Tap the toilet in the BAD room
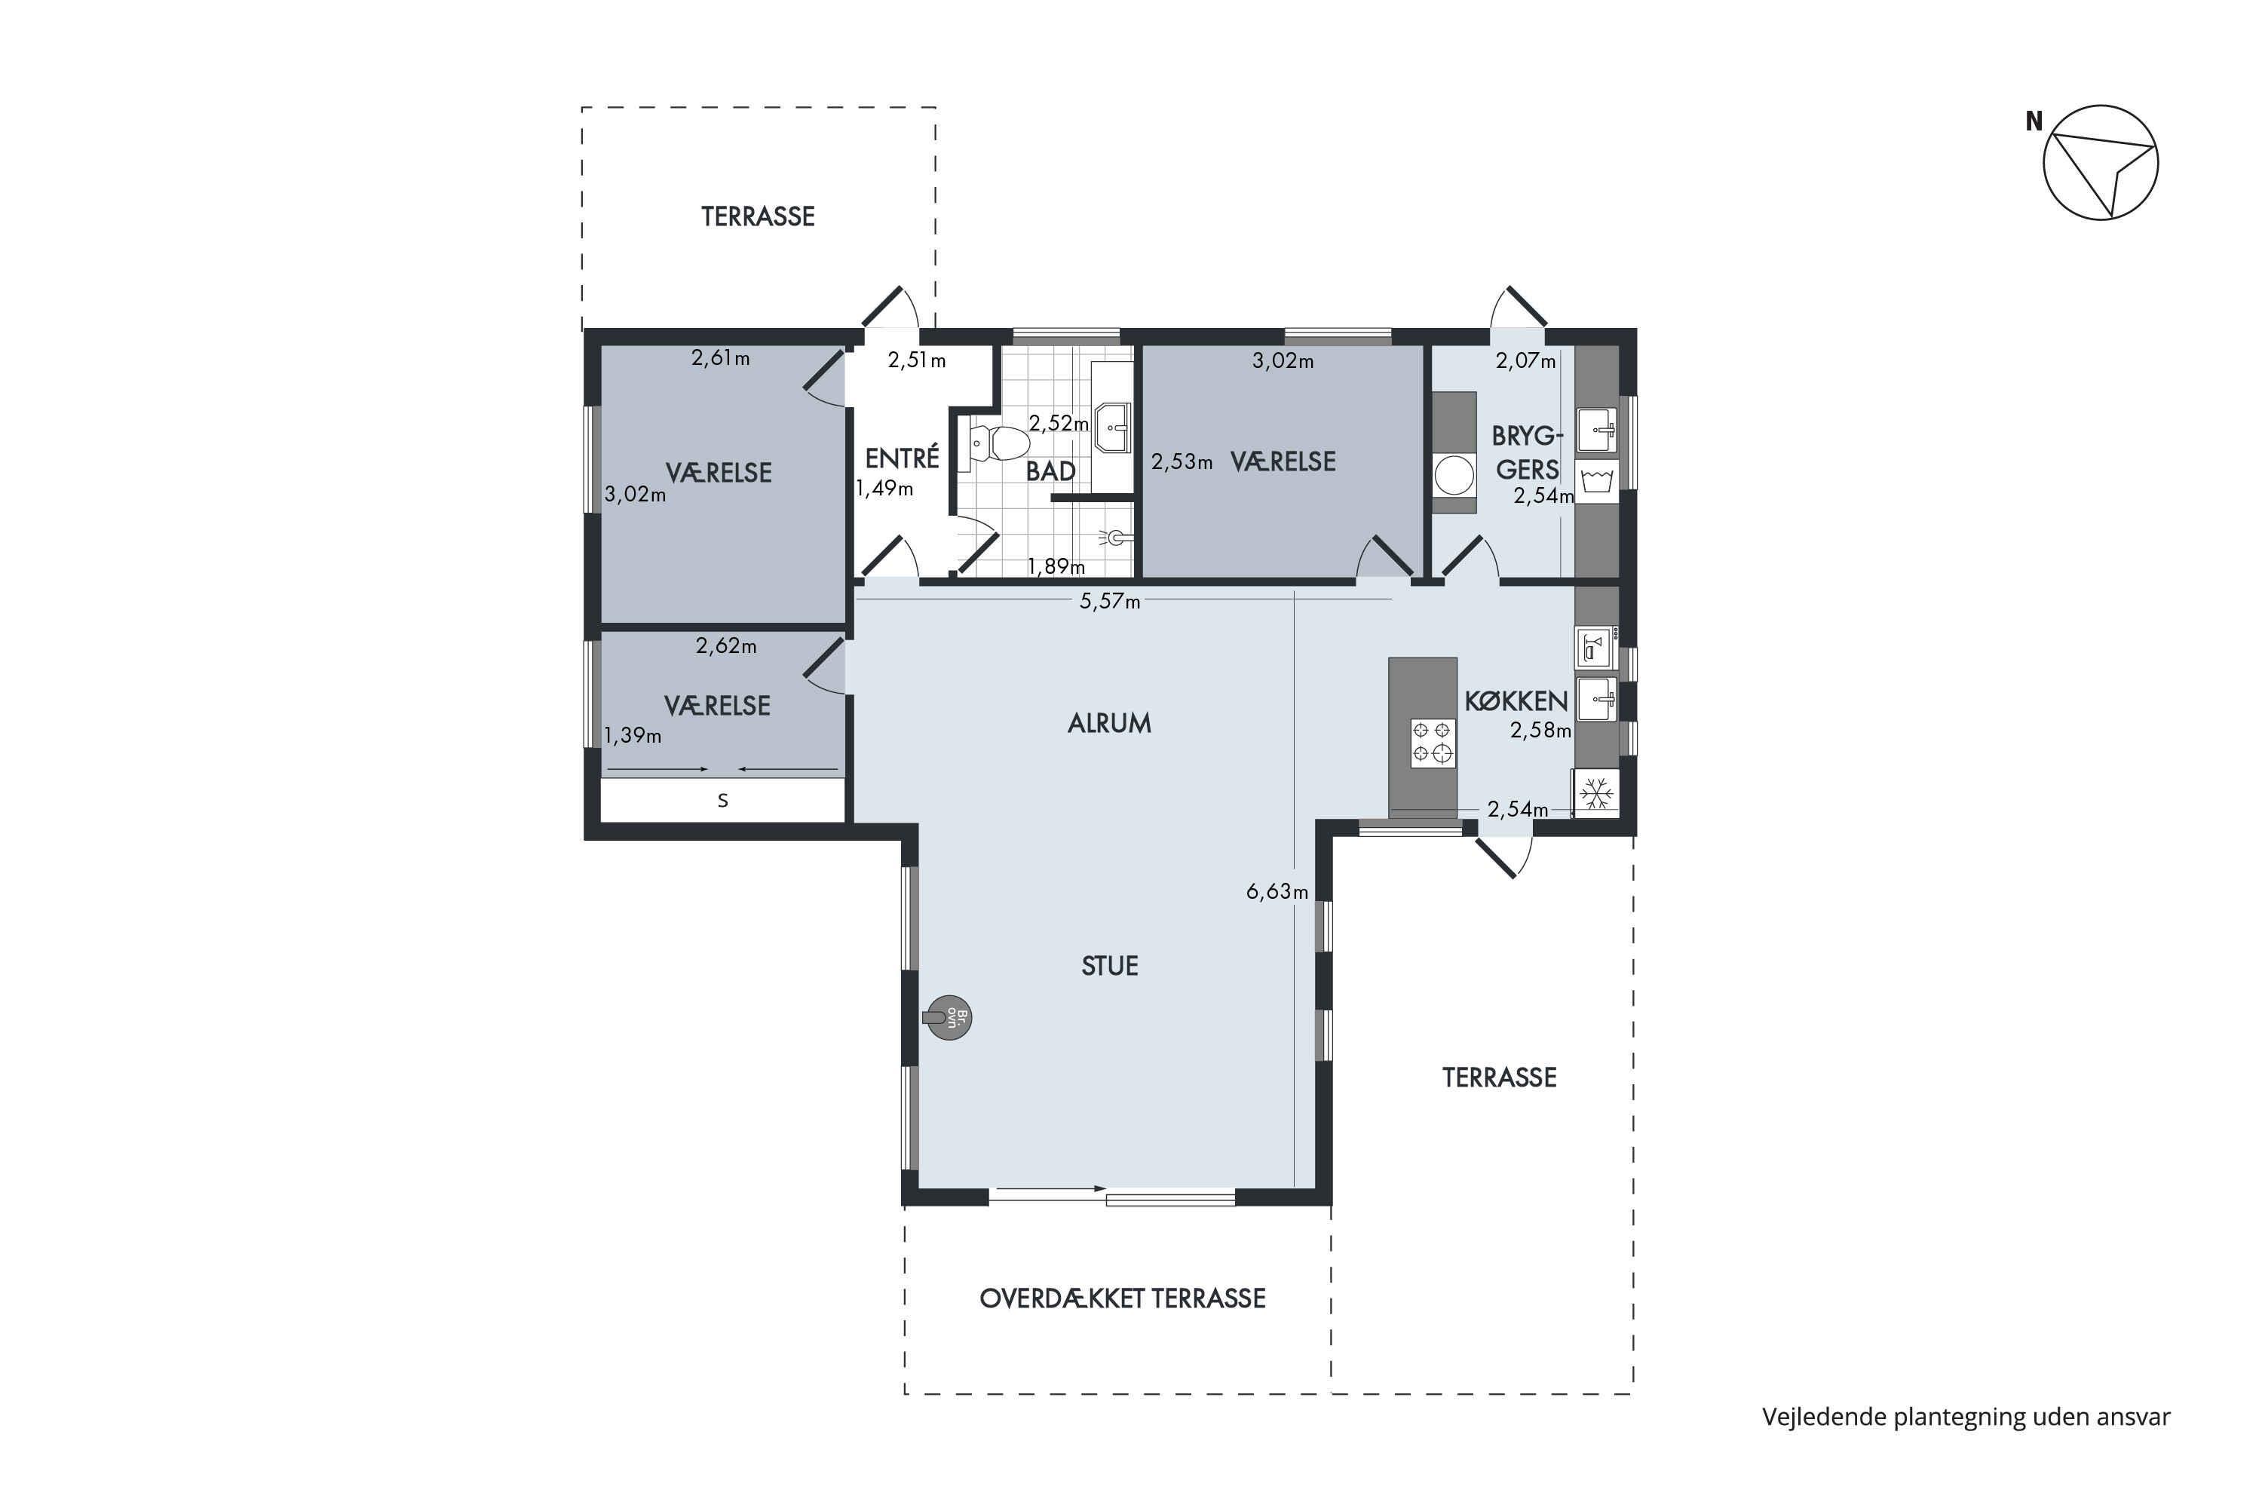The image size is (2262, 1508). pyautogui.click(x=999, y=443)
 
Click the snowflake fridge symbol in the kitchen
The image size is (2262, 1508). pyautogui.click(x=1598, y=793)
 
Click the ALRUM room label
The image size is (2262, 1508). pyautogui.click(x=1109, y=723)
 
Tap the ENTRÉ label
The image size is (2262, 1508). pyautogui.click(x=902, y=458)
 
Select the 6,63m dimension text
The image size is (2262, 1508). pyautogui.click(x=1277, y=891)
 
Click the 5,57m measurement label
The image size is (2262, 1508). pyautogui.click(x=1110, y=602)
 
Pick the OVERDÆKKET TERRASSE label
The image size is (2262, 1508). pyautogui.click(x=1123, y=1298)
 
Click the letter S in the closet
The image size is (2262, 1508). pyautogui.click(x=723, y=800)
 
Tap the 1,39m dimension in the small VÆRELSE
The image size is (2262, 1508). pyautogui.click(x=633, y=736)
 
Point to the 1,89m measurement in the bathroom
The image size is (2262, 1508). pyautogui.click(x=1056, y=566)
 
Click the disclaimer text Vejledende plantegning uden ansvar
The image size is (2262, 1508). pyautogui.click(x=1966, y=1417)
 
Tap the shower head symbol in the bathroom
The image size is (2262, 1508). pyautogui.click(x=1116, y=538)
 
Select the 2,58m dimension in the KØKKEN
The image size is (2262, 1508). pyautogui.click(x=1540, y=730)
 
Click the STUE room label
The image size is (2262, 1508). pyautogui.click(x=1110, y=966)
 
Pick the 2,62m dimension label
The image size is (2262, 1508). pyautogui.click(x=726, y=646)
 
